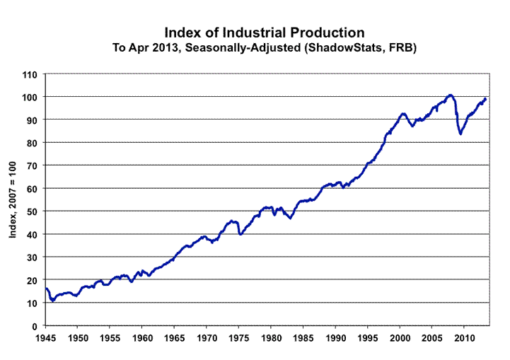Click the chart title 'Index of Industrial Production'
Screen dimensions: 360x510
click(x=265, y=33)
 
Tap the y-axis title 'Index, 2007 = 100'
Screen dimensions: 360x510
click(x=13, y=199)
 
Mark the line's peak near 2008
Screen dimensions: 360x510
click(x=450, y=94)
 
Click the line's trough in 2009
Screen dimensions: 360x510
click(x=460, y=134)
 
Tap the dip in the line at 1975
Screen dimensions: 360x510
click(x=241, y=234)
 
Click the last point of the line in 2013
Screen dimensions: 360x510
click(x=486, y=98)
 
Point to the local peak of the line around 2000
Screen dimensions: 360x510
click(x=402, y=113)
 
